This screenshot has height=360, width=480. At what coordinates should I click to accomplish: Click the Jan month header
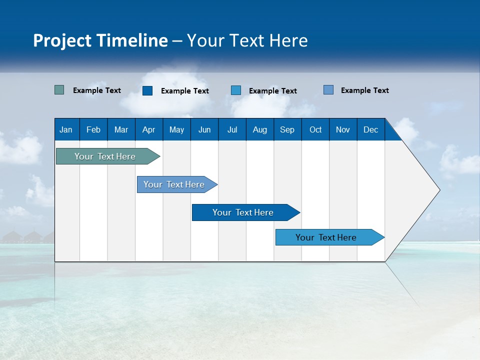(66, 129)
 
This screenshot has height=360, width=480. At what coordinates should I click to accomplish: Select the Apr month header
(148, 129)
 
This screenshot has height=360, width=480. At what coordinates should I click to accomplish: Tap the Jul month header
(232, 129)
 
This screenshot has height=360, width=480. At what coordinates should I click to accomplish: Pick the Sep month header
(287, 129)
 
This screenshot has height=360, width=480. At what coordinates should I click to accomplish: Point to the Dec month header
(370, 129)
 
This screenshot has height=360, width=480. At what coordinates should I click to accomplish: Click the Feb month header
(93, 129)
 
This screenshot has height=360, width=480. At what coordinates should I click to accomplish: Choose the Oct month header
(315, 129)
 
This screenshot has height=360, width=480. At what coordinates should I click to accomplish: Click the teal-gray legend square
(59, 90)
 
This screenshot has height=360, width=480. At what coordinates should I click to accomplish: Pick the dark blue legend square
(147, 90)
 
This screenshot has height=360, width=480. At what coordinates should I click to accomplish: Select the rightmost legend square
(328, 90)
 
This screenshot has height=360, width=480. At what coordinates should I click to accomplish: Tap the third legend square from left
(236, 90)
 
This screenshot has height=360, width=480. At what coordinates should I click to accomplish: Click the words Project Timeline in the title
(100, 40)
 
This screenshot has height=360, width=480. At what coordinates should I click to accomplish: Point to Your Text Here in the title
(247, 40)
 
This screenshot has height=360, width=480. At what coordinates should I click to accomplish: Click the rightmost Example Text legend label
(364, 90)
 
